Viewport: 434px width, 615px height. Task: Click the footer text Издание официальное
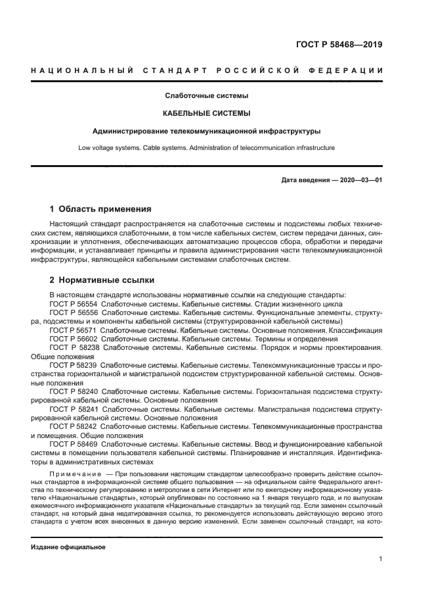click(68, 547)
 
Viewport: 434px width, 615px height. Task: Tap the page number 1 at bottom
click(380, 559)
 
